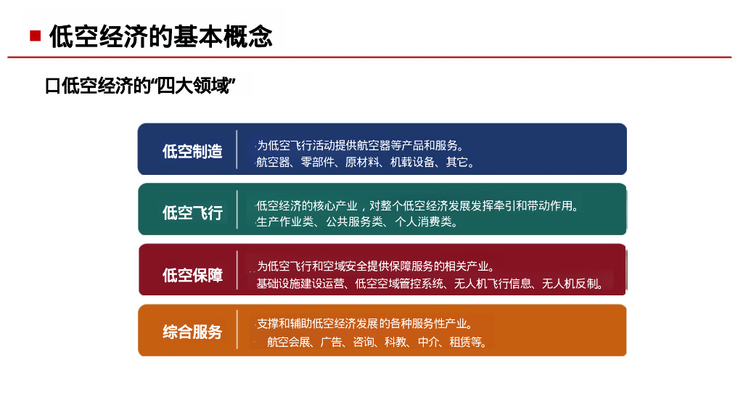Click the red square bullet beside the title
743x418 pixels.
click(35, 36)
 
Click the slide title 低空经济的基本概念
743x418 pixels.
click(161, 36)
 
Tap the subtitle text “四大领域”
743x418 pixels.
click(195, 86)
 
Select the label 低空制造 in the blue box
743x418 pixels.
click(192, 151)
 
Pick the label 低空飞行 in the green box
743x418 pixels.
click(192, 213)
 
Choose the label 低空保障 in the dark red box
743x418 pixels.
click(192, 275)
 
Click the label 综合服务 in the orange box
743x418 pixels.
click(192, 332)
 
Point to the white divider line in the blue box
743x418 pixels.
click(237, 149)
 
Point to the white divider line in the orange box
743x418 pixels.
click(237, 330)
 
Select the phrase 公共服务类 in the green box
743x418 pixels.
click(354, 222)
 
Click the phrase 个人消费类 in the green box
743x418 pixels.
click(424, 222)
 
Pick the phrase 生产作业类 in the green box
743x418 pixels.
click(284, 222)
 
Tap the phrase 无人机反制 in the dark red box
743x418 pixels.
click(570, 284)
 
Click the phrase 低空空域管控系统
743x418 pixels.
click(400, 284)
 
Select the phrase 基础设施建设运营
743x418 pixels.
click(300, 284)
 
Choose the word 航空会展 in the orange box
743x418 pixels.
click(289, 342)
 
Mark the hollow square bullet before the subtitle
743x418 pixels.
click(52, 87)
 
